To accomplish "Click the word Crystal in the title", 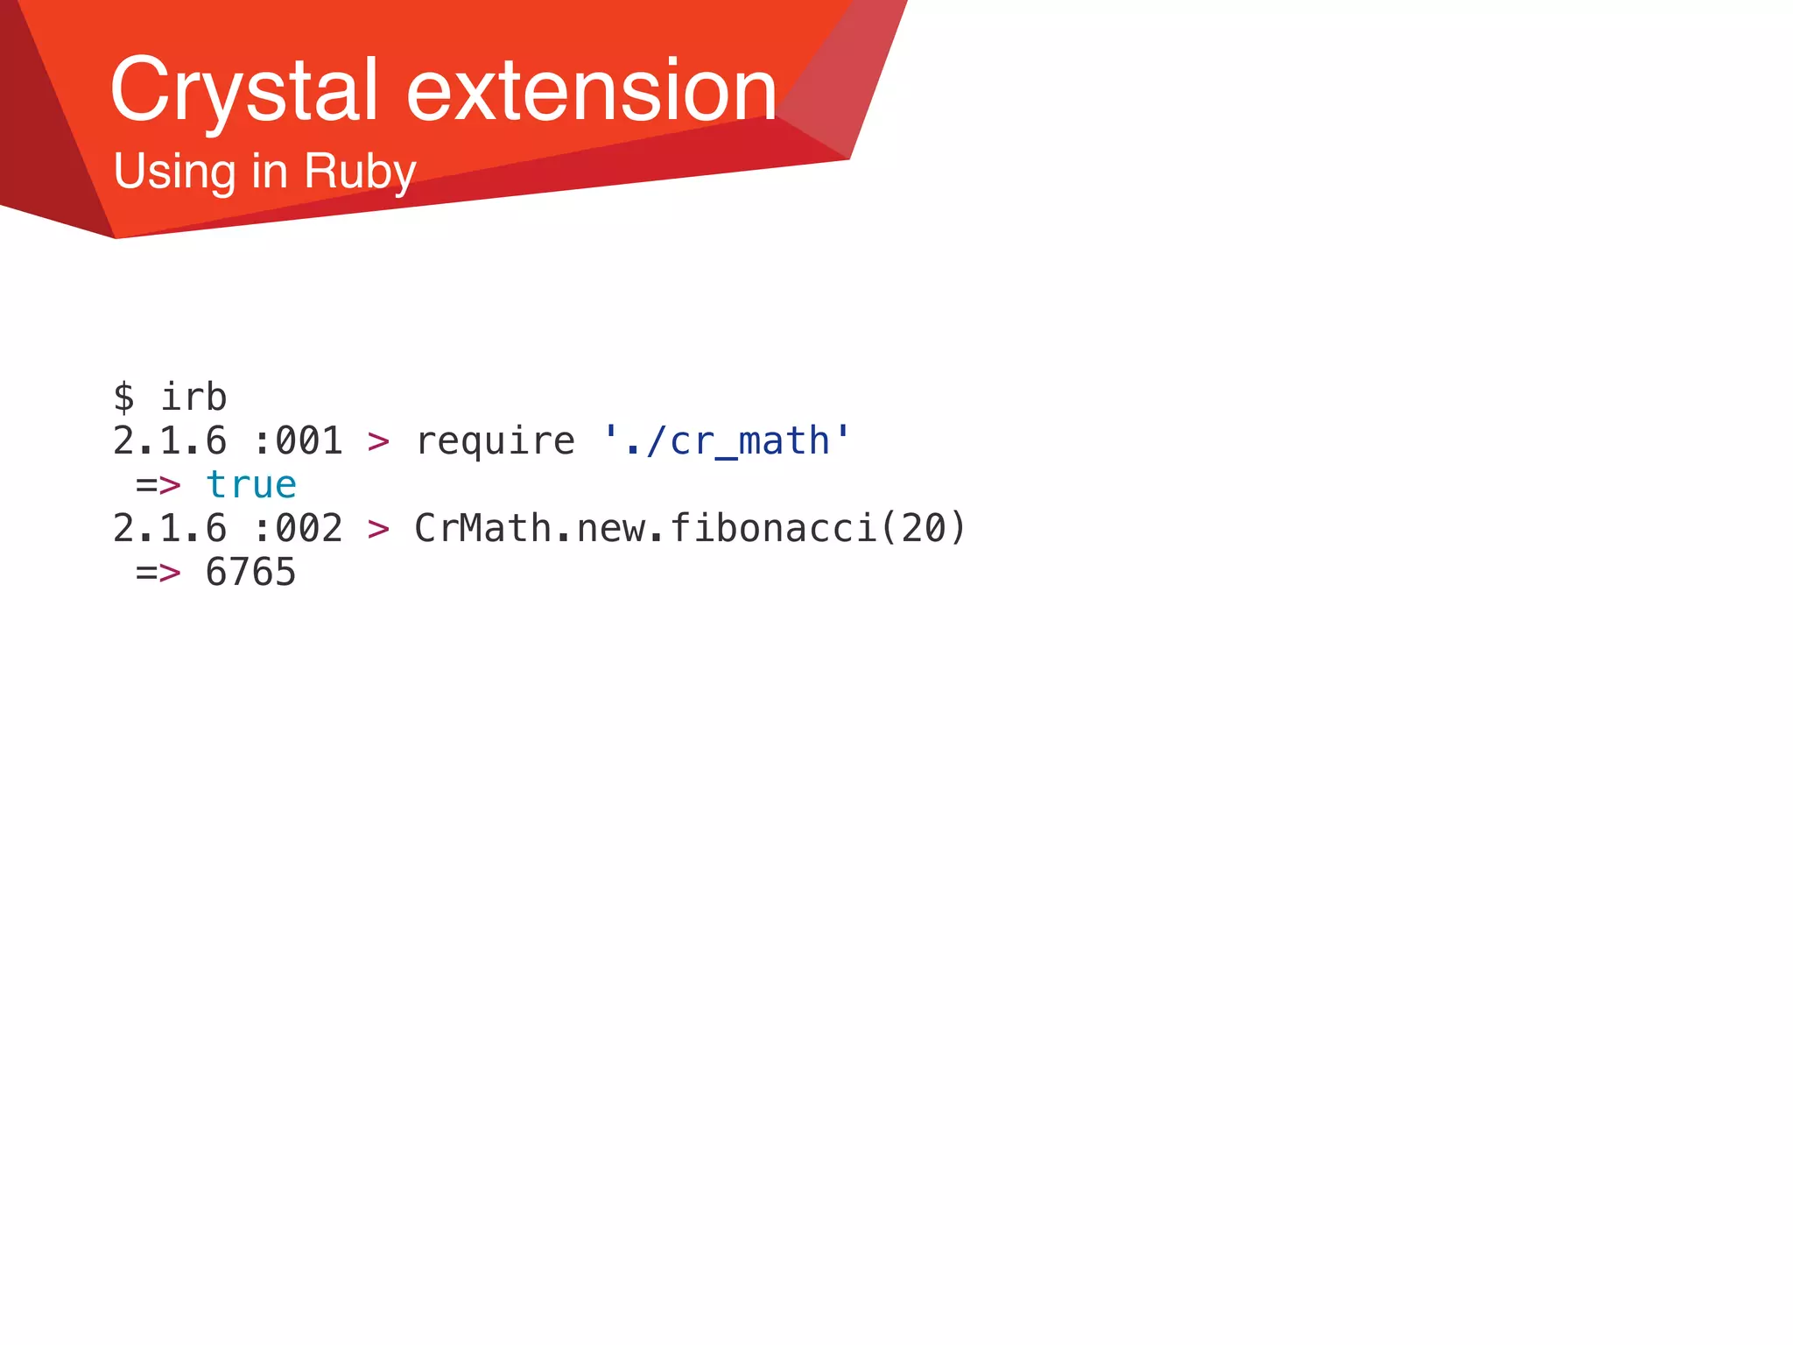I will coord(243,91).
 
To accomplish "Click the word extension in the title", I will coord(592,91).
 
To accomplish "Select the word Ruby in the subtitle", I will coord(359,172).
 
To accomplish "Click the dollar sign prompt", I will coord(123,398).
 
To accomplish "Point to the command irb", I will coord(193,398).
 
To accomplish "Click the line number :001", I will coord(298,441).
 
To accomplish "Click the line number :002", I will coord(298,529).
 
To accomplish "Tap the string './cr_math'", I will coord(726,441).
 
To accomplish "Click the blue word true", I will coord(251,485).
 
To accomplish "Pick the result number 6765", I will coord(251,573).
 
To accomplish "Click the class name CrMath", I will coord(482,529).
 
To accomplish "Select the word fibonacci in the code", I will coord(773,529).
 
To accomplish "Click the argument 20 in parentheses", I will coord(923,529).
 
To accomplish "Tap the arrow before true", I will coord(158,485).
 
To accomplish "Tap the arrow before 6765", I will coord(158,573).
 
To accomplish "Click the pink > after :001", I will coord(378,441).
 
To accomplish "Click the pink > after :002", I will coord(378,529).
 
